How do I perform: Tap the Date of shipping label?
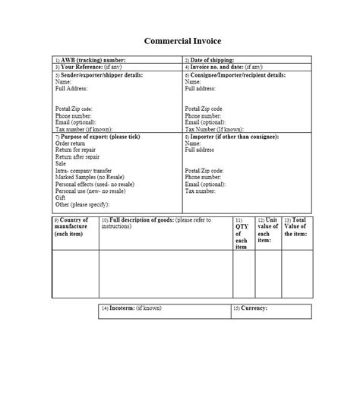coord(210,59)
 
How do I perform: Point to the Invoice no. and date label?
coord(223,68)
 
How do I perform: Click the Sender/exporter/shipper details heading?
coord(99,75)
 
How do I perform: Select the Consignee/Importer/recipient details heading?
coord(236,75)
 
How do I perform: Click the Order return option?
coord(73,143)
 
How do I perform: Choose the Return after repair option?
coord(79,156)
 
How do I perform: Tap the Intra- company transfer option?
coord(84,170)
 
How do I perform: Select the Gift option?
coord(60,197)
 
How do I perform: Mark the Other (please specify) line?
coord(82,204)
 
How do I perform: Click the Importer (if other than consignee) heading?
coord(232,136)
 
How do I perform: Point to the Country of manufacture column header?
coord(73,226)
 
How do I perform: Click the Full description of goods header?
coord(163,222)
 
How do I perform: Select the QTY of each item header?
coord(241,233)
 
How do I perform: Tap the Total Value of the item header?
coord(295,226)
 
